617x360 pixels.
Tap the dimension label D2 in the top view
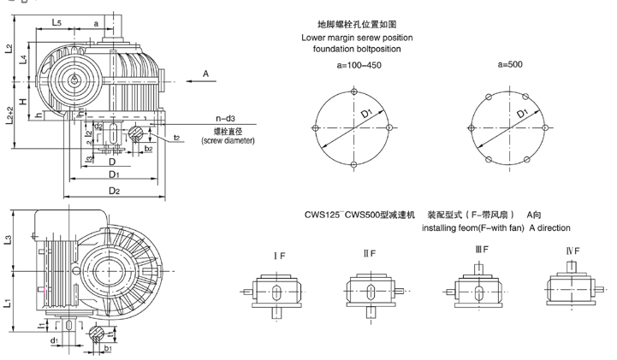113,191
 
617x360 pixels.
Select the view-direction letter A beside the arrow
205,75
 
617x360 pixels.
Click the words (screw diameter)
228,139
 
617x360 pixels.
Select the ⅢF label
482,250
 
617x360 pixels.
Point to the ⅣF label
573,251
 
